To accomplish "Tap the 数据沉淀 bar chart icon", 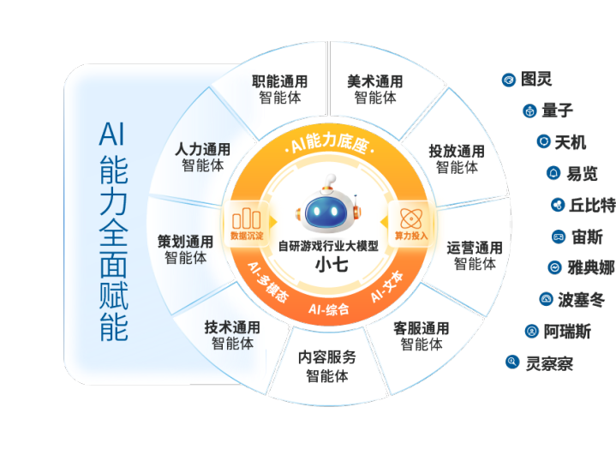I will click(247, 219).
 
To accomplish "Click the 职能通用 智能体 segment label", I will click(279, 89).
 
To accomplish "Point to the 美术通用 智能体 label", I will click(374, 89).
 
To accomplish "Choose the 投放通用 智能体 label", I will click(456, 159).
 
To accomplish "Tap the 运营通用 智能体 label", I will click(474, 255).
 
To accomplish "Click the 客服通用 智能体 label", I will click(421, 336).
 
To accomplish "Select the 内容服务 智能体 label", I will click(327, 367).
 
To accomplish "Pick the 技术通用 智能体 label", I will click(232, 335).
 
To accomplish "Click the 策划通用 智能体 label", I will click(185, 248).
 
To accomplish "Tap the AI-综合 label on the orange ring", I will click(327, 308).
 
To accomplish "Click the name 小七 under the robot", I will click(327, 263).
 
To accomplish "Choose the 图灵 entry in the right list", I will click(535, 80).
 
